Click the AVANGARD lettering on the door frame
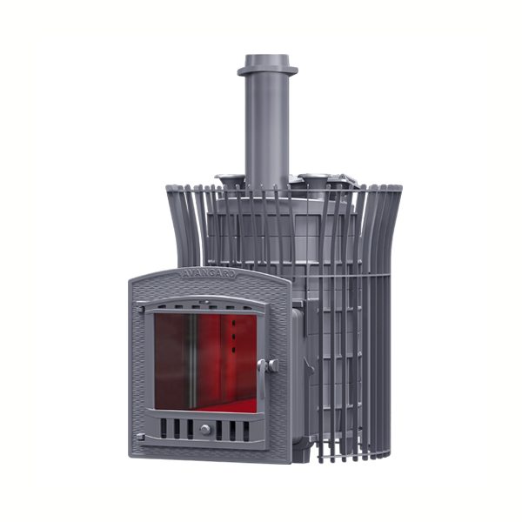[209, 274]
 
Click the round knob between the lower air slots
[205, 430]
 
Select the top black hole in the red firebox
[234, 323]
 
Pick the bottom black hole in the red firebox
[234, 350]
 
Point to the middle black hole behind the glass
[234, 337]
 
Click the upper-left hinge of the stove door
[140, 309]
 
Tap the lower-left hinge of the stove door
[140, 437]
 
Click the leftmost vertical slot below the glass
[164, 428]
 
